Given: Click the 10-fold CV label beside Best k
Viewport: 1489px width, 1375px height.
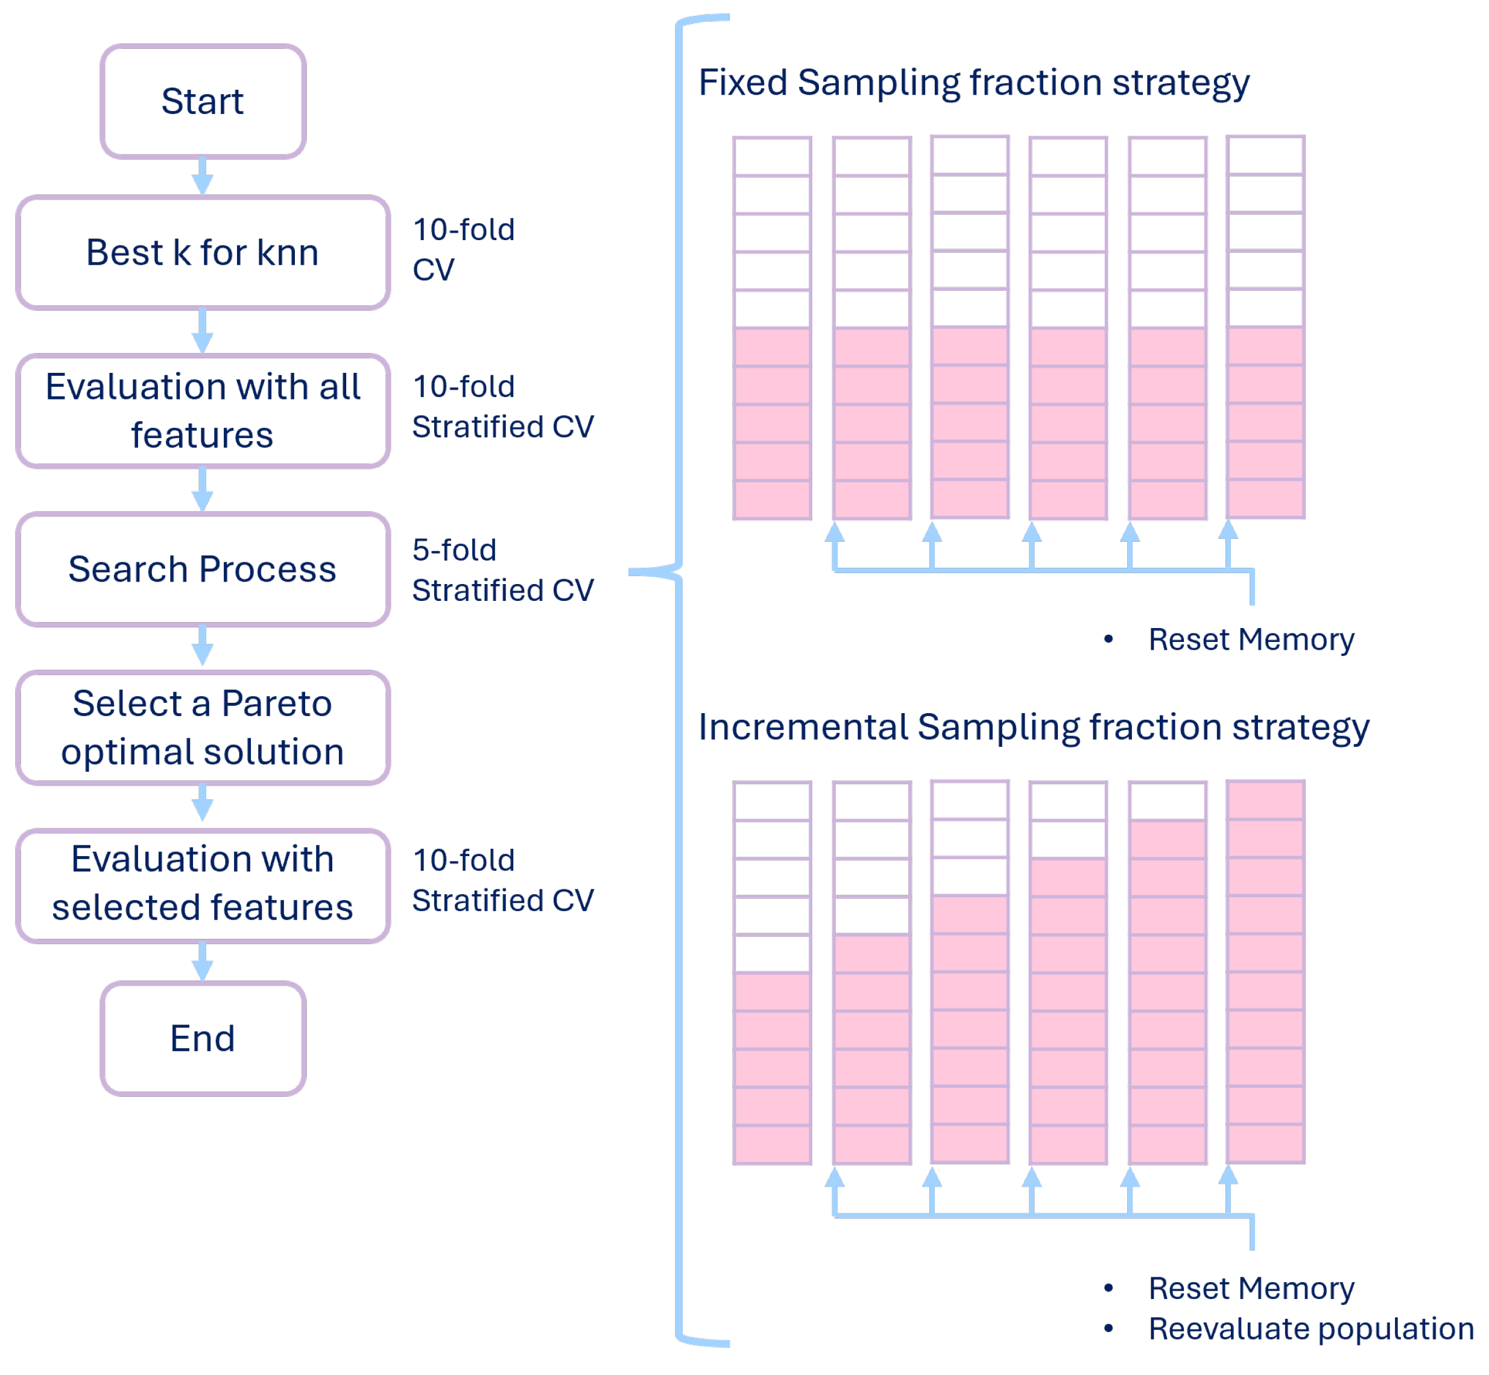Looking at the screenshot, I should tap(463, 249).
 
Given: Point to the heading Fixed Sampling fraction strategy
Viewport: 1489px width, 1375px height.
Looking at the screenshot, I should tap(973, 83).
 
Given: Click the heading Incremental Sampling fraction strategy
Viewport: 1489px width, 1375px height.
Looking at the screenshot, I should tap(1032, 727).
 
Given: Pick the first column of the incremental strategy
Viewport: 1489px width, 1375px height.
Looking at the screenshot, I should tap(772, 973).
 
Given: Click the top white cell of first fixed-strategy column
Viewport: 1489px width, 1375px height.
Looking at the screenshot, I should tap(772, 156).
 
